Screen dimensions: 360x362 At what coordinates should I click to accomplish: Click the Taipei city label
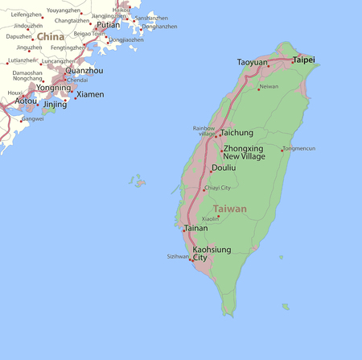pyautogui.click(x=304, y=60)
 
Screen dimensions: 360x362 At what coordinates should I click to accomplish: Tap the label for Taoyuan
pyautogui.click(x=253, y=62)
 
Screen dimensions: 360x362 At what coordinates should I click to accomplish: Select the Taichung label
pyautogui.click(x=237, y=132)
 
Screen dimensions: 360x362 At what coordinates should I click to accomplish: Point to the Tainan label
pyautogui.click(x=195, y=228)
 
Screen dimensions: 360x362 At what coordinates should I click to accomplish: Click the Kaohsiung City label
pyautogui.click(x=212, y=254)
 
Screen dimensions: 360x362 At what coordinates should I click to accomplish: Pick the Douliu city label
pyautogui.click(x=223, y=168)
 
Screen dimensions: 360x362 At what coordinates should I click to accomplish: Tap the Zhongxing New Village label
pyautogui.click(x=243, y=152)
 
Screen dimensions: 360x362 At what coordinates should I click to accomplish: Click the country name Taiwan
pyautogui.click(x=230, y=209)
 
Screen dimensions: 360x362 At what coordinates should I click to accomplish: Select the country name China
pyautogui.click(x=51, y=37)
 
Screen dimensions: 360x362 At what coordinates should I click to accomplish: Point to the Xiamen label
pyautogui.click(x=90, y=94)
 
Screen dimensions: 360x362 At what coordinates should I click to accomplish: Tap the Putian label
pyautogui.click(x=108, y=25)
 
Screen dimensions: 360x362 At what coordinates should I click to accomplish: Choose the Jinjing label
pyautogui.click(x=55, y=105)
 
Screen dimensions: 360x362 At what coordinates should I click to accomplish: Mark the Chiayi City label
pyautogui.click(x=217, y=188)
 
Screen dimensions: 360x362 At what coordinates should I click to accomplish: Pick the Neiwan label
pyautogui.click(x=269, y=86)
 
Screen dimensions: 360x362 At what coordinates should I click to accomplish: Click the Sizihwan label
pyautogui.click(x=178, y=256)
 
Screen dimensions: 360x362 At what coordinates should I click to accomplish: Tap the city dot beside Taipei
pyautogui.click(x=293, y=61)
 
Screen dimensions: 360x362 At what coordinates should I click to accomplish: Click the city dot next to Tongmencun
pyautogui.click(x=282, y=149)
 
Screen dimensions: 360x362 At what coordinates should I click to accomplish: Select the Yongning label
pyautogui.click(x=54, y=87)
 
